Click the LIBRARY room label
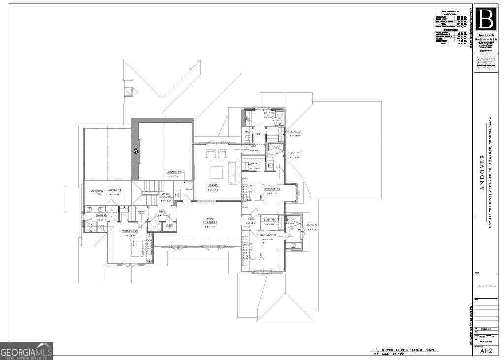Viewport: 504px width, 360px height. pyautogui.click(x=213, y=185)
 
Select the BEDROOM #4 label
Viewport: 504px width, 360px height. pyautogui.click(x=271, y=189)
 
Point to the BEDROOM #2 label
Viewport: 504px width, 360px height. pyautogui.click(x=130, y=231)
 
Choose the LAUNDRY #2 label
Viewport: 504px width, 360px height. pyautogui.click(x=173, y=172)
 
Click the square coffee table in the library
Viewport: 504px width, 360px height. pyautogui.click(x=217, y=172)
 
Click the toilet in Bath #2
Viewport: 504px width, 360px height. pyautogui.click(x=101, y=227)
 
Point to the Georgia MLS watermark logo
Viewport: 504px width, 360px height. pyautogui.click(x=27, y=351)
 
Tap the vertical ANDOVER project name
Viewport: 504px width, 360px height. pyautogui.click(x=483, y=172)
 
